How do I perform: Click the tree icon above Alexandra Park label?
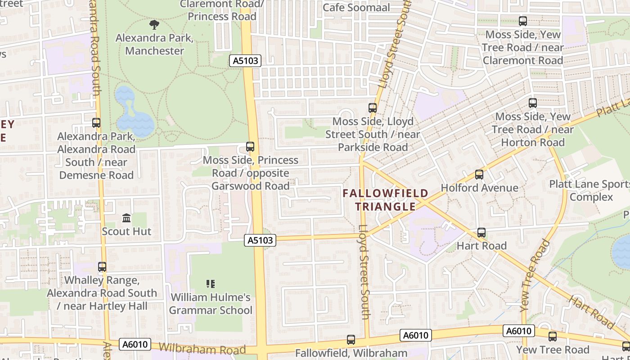pos(154,24)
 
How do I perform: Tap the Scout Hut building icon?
pos(126,218)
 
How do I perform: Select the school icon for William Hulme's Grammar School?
pos(211,284)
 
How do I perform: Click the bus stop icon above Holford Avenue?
pos(479,175)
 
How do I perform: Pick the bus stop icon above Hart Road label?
pos(481,233)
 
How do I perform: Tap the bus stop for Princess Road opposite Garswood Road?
pos(250,147)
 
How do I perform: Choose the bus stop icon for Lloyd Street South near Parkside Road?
pos(373,108)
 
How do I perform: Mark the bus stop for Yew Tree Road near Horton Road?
pos(533,103)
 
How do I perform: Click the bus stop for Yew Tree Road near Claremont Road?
pos(523,21)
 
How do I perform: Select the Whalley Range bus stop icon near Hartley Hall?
pos(102,267)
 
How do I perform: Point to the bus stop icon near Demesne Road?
pos(96,123)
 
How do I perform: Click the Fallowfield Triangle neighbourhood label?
pos(385,200)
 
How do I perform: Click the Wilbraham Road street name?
pos(202,349)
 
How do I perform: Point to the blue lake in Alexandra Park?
pos(134,119)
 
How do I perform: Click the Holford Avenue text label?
pos(479,188)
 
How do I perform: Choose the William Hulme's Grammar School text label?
pos(211,304)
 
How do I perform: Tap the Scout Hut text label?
pos(126,231)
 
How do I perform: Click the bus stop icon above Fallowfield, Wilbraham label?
pos(351,340)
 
